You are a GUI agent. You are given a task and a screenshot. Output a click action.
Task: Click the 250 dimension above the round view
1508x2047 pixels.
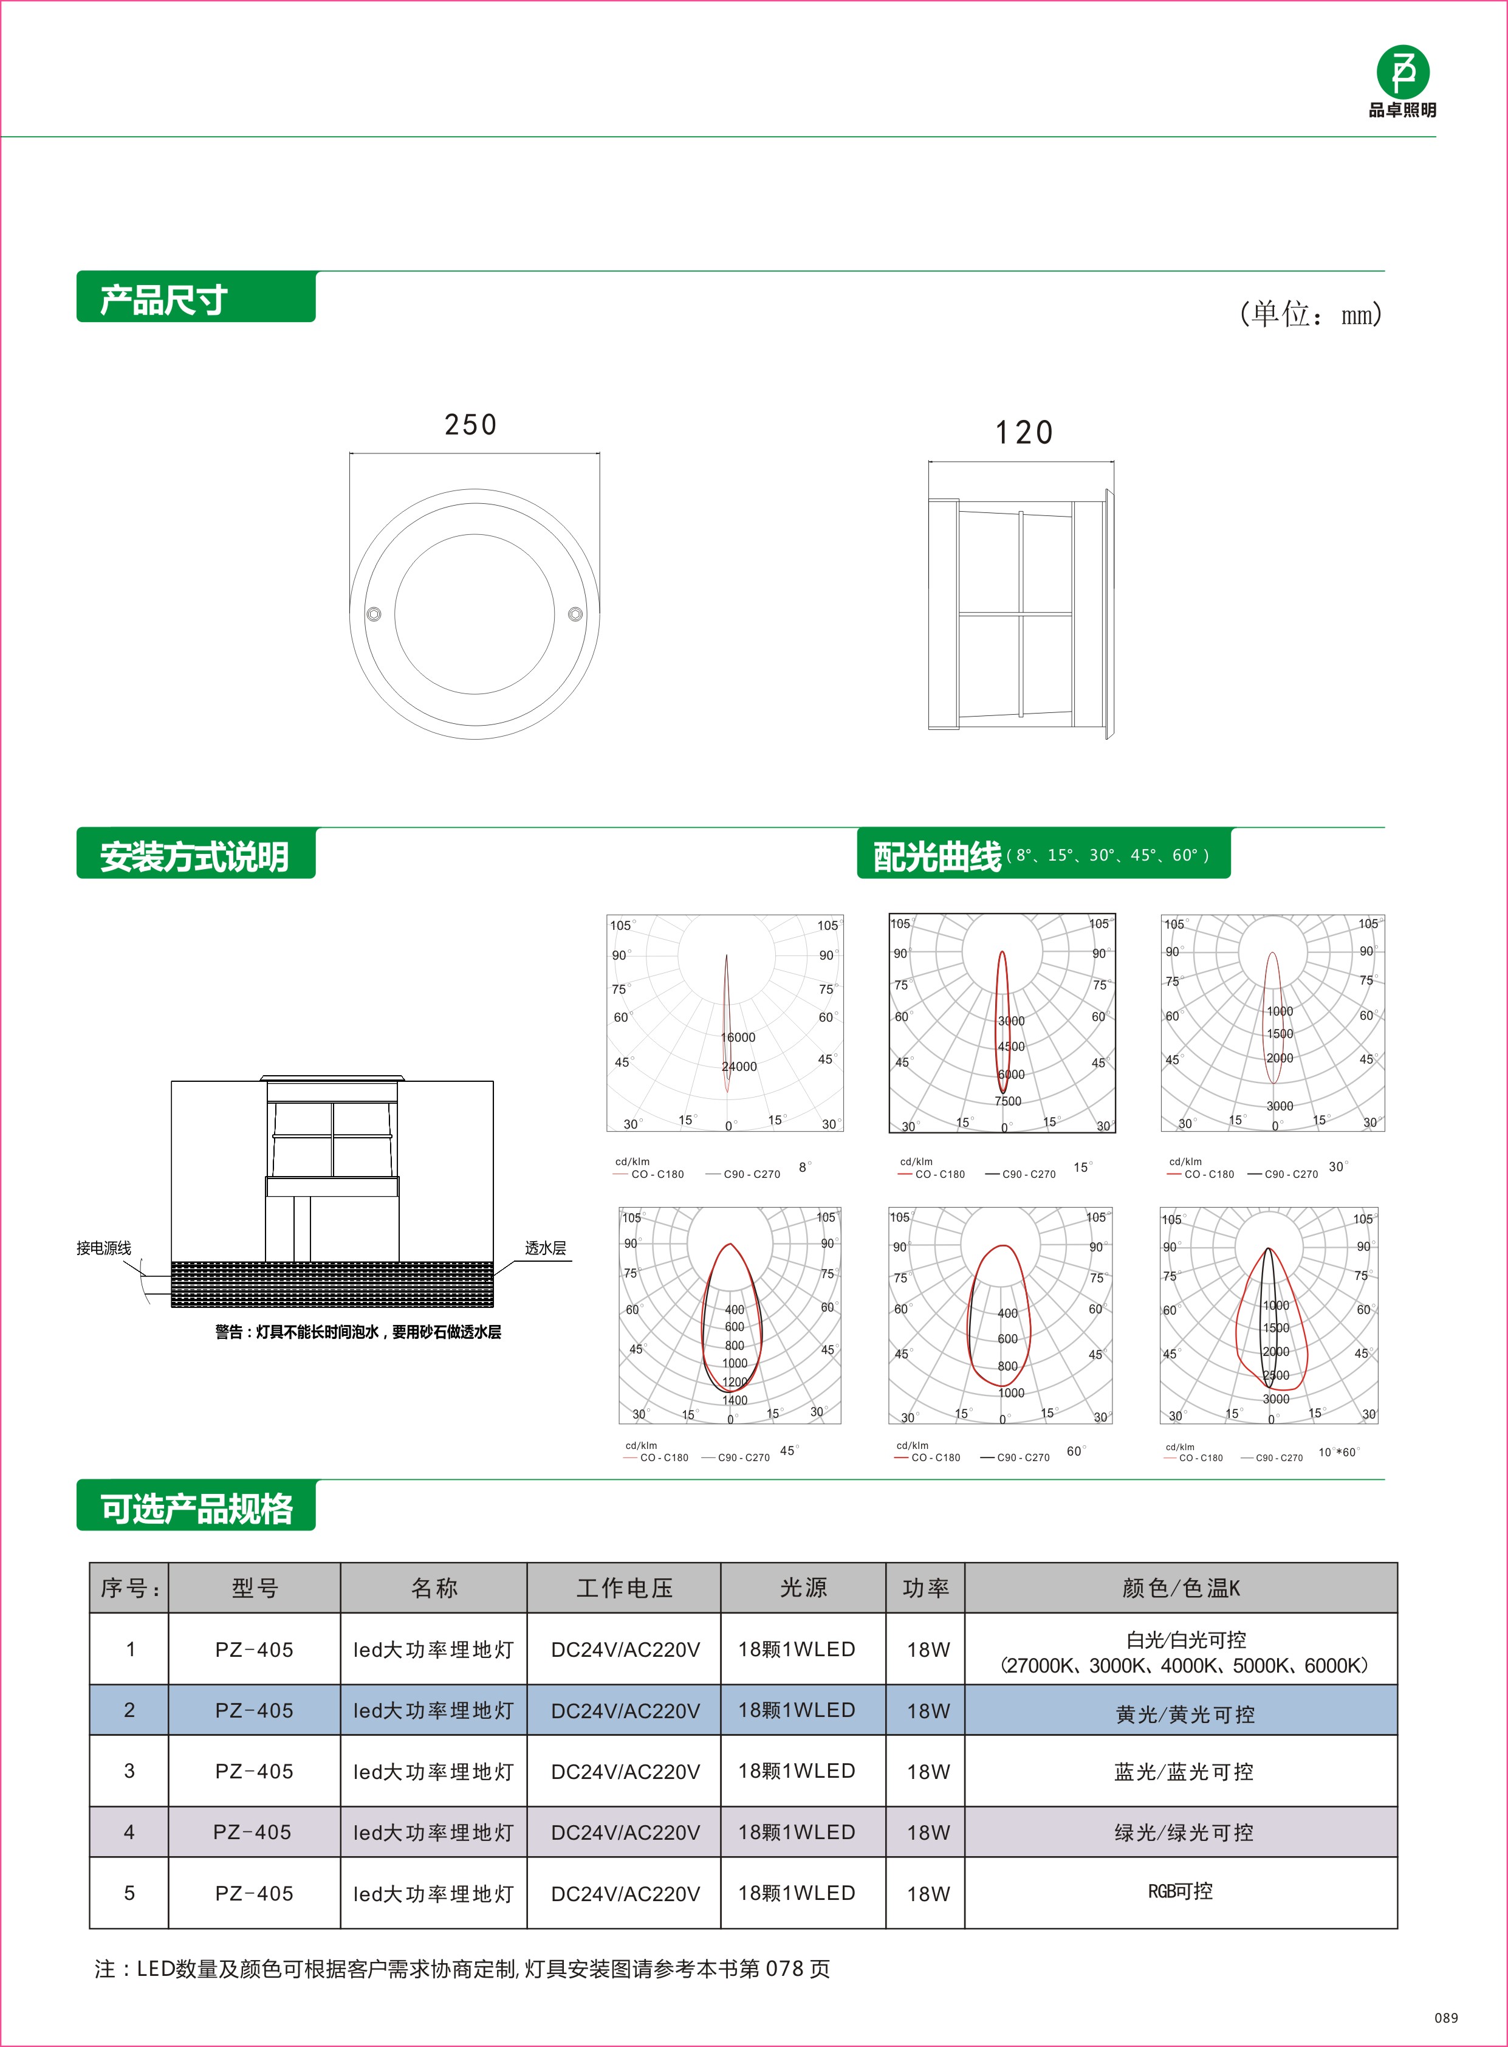(x=470, y=425)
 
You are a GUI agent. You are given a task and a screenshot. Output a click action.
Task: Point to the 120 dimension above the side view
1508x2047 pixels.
(x=1023, y=433)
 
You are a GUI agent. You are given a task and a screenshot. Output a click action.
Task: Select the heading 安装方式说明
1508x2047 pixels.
(x=194, y=856)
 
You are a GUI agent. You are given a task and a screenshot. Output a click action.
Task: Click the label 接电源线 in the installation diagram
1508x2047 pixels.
(x=103, y=1248)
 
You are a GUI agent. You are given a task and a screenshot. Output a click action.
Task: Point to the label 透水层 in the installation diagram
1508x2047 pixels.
(x=545, y=1248)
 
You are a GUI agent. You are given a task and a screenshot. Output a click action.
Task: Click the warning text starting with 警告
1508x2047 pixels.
(x=358, y=1332)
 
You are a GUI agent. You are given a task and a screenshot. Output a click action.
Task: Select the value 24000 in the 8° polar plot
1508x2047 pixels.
(x=739, y=1067)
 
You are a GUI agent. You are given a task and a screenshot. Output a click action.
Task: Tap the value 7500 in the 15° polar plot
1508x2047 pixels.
(x=1008, y=1101)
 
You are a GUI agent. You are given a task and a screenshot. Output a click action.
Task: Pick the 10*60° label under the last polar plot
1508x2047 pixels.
(x=1337, y=1452)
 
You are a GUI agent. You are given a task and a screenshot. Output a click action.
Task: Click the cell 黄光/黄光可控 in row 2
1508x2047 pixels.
(x=1184, y=1715)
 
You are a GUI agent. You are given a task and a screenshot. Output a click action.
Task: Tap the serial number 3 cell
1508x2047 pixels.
(x=129, y=1771)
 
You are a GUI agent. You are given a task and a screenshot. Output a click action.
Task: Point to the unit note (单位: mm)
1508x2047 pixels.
(x=1310, y=314)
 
